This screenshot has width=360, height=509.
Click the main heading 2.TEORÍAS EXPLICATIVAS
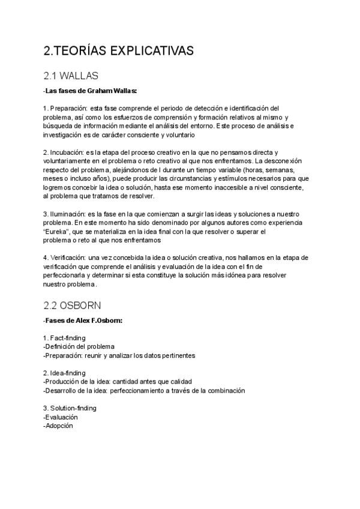click(119, 52)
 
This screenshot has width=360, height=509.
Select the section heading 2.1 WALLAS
click(71, 76)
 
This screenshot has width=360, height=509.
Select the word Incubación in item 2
click(67, 154)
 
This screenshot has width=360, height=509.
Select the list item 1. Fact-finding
click(67, 337)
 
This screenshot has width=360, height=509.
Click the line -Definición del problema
click(79, 346)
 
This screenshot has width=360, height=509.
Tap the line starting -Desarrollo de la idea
click(144, 390)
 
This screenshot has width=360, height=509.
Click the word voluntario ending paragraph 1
click(178, 135)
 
